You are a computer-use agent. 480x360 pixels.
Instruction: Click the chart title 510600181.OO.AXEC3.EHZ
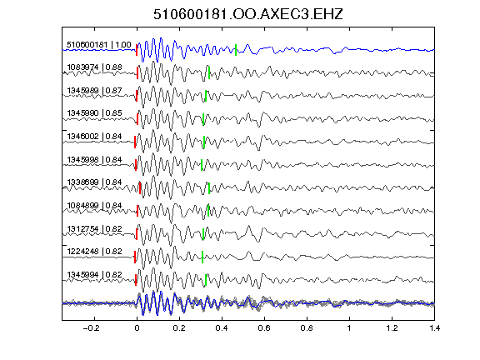(x=248, y=14)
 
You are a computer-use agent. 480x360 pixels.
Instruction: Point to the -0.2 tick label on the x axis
(x=91, y=328)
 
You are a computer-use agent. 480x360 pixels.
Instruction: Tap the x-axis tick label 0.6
(x=264, y=328)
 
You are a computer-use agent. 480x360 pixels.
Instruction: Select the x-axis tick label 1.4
(x=434, y=328)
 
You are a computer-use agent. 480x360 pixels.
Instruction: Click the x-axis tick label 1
(x=349, y=328)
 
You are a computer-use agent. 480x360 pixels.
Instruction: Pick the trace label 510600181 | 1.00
(x=99, y=45)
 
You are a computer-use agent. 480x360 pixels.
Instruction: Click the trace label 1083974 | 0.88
(x=95, y=67)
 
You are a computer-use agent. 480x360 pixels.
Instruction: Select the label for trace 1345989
(x=95, y=91)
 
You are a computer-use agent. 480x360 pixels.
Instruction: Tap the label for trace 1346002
(x=95, y=136)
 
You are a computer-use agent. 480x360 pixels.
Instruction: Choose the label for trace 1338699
(x=95, y=182)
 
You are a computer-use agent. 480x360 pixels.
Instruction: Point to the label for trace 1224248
(x=95, y=252)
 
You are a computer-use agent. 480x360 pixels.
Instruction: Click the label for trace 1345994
(x=95, y=275)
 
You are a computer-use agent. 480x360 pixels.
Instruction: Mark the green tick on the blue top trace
(x=236, y=50)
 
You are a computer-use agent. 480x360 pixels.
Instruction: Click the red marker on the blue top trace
(x=137, y=50)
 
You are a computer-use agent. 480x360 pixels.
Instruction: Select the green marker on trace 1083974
(x=209, y=72)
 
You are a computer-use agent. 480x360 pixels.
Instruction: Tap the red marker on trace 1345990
(x=137, y=119)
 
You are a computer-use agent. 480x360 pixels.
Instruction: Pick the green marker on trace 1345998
(x=202, y=165)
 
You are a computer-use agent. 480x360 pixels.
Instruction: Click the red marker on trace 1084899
(x=137, y=211)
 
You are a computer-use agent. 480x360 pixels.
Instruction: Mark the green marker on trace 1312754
(x=203, y=234)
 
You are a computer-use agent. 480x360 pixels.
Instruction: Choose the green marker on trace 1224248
(x=202, y=257)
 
